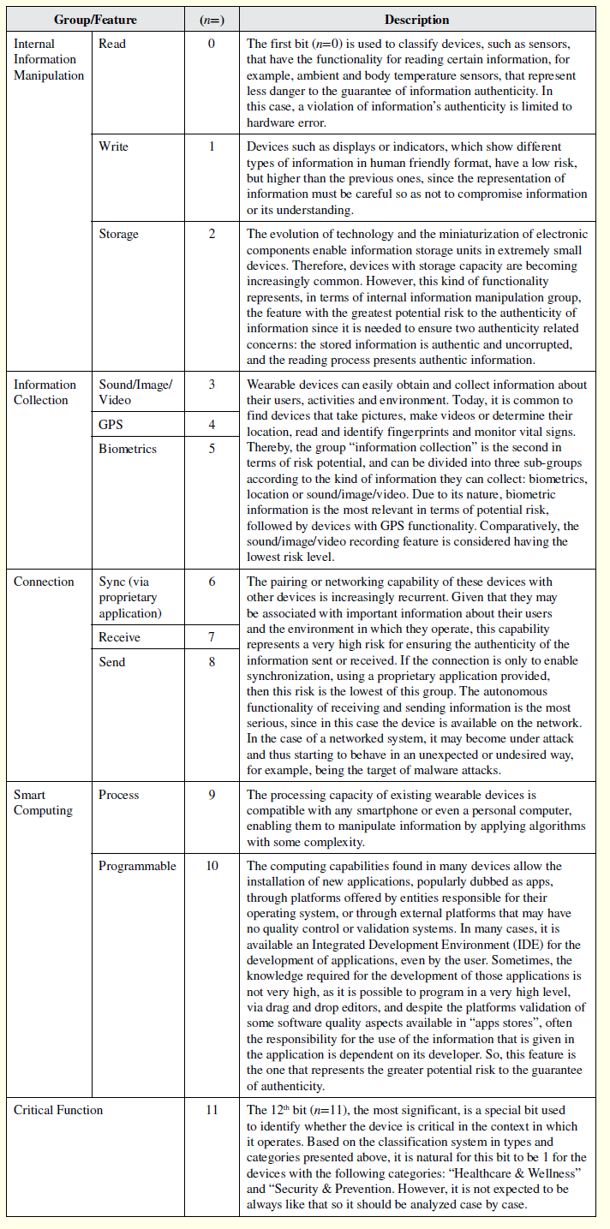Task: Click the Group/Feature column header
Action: tap(95, 20)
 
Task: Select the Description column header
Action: tap(416, 20)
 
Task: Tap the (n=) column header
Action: tap(212, 20)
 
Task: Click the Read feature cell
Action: tap(112, 44)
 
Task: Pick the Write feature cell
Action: tap(114, 146)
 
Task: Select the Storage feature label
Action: tap(118, 234)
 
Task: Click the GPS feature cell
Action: tap(111, 425)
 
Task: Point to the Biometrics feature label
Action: tap(128, 448)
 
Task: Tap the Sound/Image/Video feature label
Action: tap(135, 392)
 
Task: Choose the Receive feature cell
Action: tap(120, 637)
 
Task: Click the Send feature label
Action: tap(112, 662)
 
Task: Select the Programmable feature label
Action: tap(137, 866)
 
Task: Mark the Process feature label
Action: tap(119, 795)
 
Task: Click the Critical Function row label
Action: tap(58, 1110)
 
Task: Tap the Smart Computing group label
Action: tap(44, 802)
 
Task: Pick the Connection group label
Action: tap(44, 582)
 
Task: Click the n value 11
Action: tap(212, 1110)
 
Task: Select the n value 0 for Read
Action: tap(212, 44)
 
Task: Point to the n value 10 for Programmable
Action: tap(212, 866)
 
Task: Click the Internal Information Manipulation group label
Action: tap(49, 59)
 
